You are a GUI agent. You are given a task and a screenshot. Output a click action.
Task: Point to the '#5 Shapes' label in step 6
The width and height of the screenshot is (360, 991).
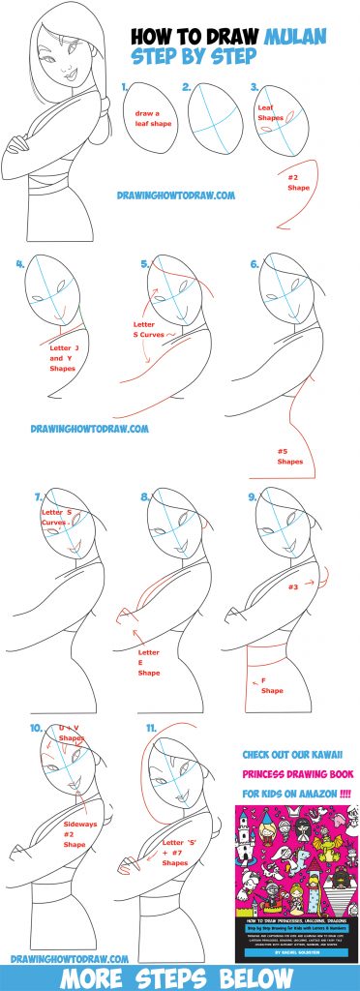pyautogui.click(x=290, y=456)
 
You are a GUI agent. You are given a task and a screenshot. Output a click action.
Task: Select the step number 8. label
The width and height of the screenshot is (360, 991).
pyautogui.click(x=146, y=497)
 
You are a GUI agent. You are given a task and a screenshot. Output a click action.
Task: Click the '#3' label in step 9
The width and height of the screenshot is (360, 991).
pyautogui.click(x=291, y=586)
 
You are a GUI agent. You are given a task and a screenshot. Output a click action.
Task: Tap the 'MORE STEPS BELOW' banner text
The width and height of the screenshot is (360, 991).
pyautogui.click(x=180, y=976)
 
